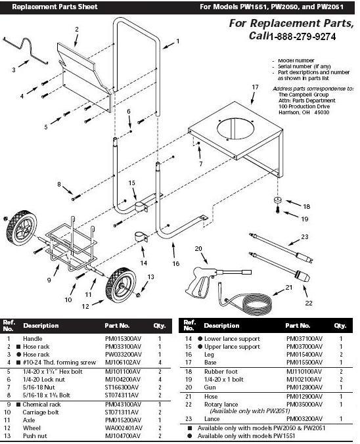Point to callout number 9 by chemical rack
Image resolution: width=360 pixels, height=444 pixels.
48,280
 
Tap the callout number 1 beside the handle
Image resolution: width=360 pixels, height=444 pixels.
177,41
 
